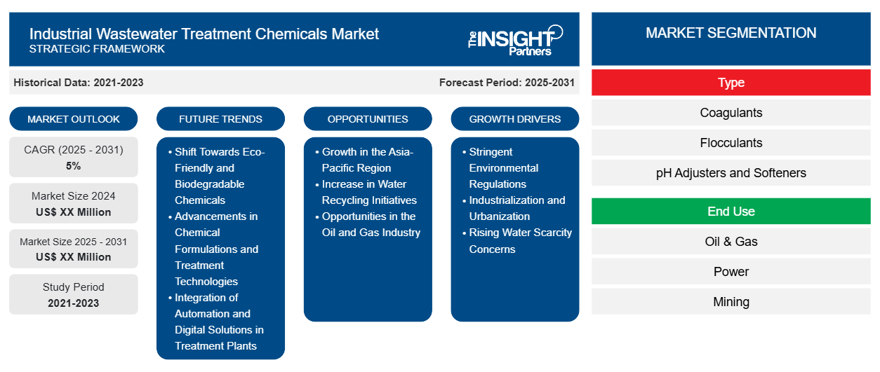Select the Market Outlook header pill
coord(74,119)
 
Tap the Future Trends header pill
coord(220,119)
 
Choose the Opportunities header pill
coord(368,119)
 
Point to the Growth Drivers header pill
coord(515,119)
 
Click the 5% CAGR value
coord(74,166)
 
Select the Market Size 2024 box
coord(74,204)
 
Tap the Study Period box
coord(74,295)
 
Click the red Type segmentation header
coord(731,83)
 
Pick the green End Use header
coord(731,212)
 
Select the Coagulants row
coord(731,113)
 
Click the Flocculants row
coord(731,143)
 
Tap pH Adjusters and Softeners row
coord(731,173)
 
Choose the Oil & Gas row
coord(731,242)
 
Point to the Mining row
coord(731,302)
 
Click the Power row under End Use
coord(731,272)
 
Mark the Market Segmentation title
coord(731,33)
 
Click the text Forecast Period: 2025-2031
coord(507,83)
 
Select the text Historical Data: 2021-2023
coord(79,83)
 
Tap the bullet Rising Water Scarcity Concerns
coord(520,241)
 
